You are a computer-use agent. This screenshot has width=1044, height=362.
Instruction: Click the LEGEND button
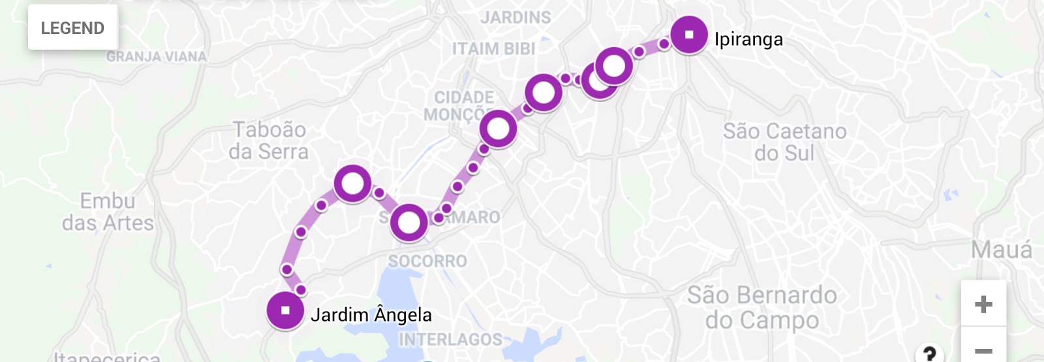(x=72, y=28)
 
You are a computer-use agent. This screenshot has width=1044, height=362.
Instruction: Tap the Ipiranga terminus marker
(x=689, y=35)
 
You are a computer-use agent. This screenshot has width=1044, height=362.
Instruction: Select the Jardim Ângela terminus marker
(x=285, y=310)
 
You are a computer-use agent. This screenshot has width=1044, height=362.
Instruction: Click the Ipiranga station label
(x=748, y=39)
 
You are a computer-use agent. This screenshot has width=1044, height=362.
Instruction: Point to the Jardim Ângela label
(x=371, y=315)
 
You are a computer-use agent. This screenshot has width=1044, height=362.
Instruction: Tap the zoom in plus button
(x=983, y=304)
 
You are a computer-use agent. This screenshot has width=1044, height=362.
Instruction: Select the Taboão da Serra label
(x=269, y=140)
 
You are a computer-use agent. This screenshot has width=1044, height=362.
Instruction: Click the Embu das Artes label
(x=108, y=212)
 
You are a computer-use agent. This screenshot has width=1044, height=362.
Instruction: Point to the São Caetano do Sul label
(x=784, y=142)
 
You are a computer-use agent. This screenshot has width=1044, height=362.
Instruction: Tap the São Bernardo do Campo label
(x=761, y=307)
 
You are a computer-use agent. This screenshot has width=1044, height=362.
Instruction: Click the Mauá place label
(x=1001, y=250)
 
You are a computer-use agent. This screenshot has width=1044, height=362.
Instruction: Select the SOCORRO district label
(x=427, y=261)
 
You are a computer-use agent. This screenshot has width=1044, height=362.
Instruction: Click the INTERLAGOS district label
(x=450, y=340)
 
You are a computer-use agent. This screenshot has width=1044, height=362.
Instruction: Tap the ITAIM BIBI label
(x=493, y=49)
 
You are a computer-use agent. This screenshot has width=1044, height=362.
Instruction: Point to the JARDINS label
(x=515, y=18)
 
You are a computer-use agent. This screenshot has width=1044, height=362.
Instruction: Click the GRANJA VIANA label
(x=157, y=57)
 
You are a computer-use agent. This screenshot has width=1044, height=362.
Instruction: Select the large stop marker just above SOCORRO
(x=409, y=223)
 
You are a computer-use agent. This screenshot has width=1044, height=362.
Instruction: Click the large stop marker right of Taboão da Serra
(x=352, y=184)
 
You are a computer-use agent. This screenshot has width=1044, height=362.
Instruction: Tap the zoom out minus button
(x=983, y=351)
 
